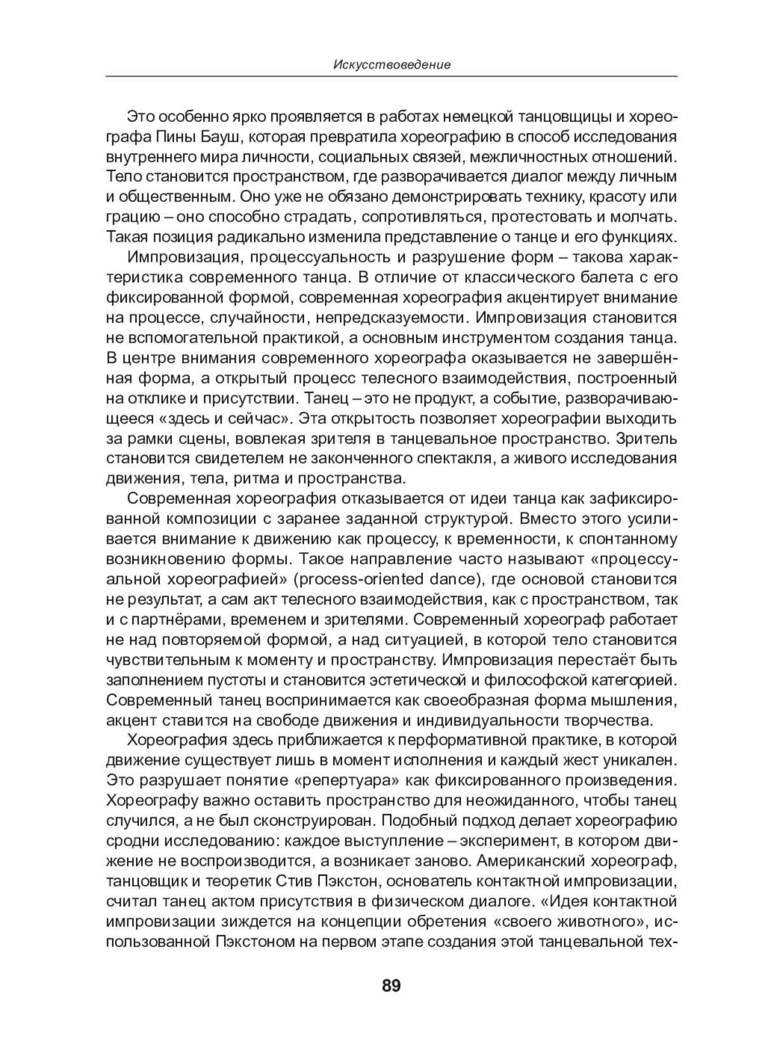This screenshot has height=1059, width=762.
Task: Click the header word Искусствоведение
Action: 391,65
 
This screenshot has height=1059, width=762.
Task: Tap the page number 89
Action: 391,987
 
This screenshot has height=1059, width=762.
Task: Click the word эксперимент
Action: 498,840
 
